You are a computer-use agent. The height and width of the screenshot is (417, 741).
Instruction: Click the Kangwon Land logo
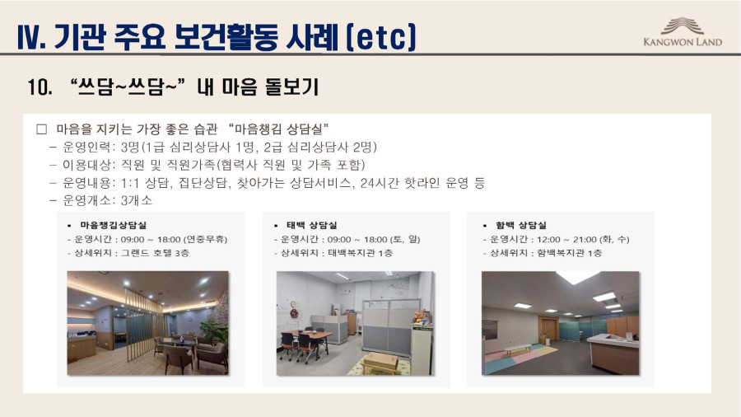pos(683,32)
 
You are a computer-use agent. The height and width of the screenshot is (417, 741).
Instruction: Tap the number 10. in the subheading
pos(40,87)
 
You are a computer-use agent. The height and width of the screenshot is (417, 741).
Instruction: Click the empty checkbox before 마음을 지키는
pos(42,129)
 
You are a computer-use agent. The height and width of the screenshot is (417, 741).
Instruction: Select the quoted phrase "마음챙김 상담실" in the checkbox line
pos(278,129)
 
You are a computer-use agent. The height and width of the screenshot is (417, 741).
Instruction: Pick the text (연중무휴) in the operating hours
pos(206,239)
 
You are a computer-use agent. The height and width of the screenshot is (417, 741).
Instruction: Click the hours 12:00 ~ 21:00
pos(563,239)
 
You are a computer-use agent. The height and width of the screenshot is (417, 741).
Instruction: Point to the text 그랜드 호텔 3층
pos(155,253)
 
